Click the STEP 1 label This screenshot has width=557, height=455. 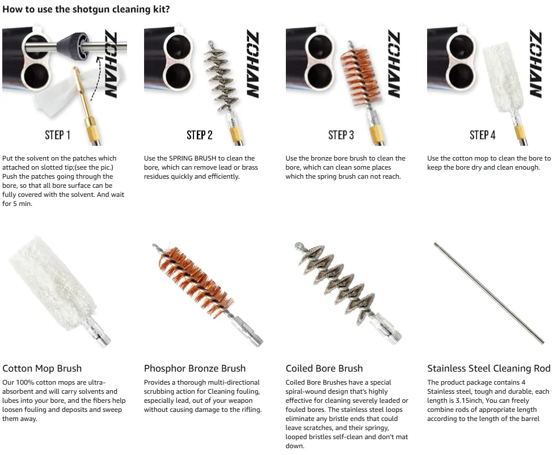57,135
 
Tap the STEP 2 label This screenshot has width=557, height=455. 199,135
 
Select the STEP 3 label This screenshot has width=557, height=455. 341,135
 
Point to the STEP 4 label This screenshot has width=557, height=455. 482,135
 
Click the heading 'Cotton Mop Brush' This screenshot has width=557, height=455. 42,368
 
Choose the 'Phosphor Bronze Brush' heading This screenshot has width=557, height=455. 195,368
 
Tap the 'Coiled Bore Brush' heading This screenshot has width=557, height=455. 324,368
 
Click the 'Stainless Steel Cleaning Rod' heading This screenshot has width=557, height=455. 489,368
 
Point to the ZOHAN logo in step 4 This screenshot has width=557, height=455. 535,64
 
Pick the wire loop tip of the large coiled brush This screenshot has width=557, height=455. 298,245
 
